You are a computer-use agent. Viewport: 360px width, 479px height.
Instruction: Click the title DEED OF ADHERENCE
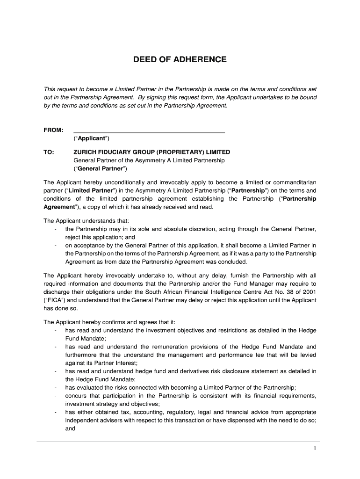click(180, 60)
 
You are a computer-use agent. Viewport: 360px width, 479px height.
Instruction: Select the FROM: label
click(53, 130)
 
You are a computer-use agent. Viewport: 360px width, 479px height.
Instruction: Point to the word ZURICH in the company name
click(86, 152)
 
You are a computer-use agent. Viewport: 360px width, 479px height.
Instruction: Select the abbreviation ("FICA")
click(54, 300)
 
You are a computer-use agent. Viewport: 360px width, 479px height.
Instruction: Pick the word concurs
click(77, 396)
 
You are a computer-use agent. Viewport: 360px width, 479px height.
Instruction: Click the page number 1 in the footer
click(315, 449)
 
